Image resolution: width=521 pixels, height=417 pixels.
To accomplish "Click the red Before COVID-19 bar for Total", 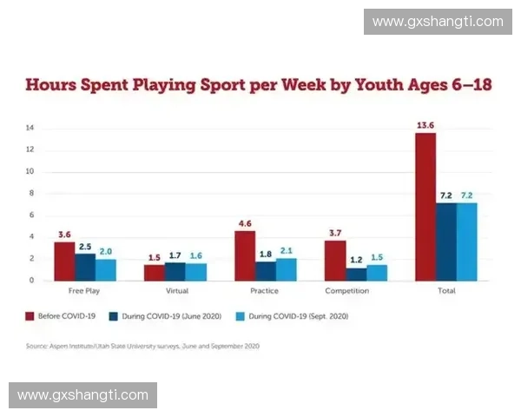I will point(425,207).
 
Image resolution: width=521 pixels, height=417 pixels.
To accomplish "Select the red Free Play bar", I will point(64,261).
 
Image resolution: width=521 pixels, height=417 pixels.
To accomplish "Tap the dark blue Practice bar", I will point(265,271).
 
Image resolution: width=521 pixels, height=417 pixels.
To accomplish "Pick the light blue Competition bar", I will point(376,273).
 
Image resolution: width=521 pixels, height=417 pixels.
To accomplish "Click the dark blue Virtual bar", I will point(175,271).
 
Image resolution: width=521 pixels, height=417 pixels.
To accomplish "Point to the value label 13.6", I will point(425,126).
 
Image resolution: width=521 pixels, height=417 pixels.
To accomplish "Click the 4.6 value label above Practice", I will point(244,223).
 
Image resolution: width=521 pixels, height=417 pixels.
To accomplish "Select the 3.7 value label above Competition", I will point(334,234).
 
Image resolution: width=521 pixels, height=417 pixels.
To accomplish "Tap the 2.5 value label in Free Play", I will point(85,246).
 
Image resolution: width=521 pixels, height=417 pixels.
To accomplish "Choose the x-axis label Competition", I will point(347,291).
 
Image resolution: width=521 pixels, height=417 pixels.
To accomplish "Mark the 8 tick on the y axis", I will point(30,194).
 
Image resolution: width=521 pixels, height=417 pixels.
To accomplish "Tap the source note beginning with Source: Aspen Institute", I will point(142,346).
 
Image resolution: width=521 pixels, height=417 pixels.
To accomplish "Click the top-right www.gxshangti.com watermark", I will point(437,22).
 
